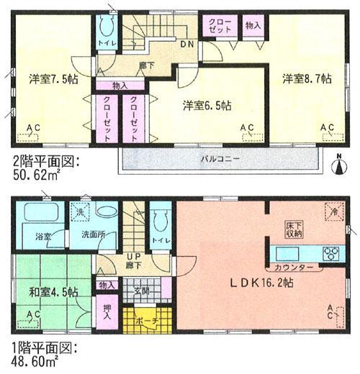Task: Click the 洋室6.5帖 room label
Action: click(206, 105)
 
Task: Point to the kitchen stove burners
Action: click(332, 252)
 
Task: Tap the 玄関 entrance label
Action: click(141, 291)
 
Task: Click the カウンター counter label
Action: click(293, 268)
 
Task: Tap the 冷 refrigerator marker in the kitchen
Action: click(333, 212)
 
